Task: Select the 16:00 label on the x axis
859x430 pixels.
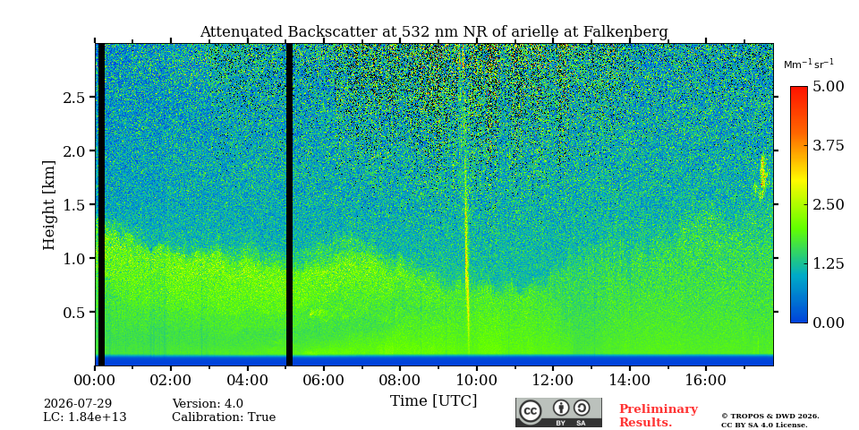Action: point(705,380)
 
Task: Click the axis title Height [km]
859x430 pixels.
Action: point(49,205)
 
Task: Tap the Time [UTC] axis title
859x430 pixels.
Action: point(433,401)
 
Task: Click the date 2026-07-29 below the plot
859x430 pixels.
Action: point(78,404)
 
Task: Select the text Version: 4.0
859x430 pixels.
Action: point(208,404)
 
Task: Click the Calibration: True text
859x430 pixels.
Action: point(224,417)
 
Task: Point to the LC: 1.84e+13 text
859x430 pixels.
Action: point(85,417)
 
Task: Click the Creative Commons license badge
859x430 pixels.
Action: point(558,412)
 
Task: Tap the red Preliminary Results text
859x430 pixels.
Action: point(659,416)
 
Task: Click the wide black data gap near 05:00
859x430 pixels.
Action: point(289,204)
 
